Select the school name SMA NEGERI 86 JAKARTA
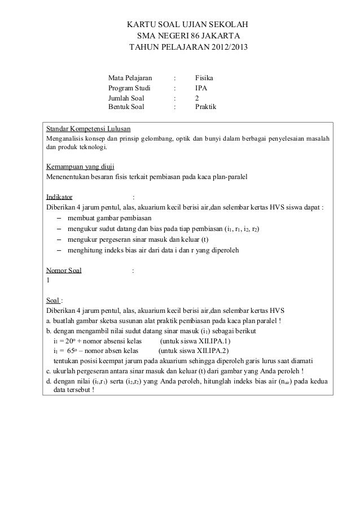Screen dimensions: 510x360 click(188, 37)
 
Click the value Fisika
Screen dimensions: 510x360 click(204, 77)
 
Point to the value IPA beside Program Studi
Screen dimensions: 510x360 click(201, 88)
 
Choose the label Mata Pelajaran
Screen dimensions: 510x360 click(130, 77)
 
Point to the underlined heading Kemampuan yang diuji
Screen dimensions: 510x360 click(80, 167)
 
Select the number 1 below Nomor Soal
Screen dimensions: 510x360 click(48, 280)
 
